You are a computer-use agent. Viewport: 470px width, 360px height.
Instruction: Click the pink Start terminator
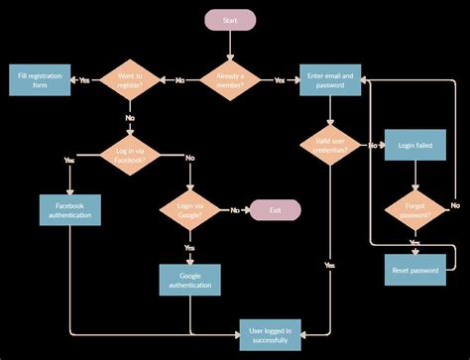pos(230,20)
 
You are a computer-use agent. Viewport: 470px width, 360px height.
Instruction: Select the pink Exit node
pos(275,209)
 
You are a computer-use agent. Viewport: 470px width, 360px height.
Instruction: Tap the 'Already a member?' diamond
pos(230,79)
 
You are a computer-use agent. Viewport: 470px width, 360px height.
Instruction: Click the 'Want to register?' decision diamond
pos(130,79)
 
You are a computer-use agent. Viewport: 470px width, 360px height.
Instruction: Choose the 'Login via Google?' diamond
pos(190,209)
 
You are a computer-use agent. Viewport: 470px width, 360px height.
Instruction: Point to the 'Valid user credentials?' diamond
pos(328,145)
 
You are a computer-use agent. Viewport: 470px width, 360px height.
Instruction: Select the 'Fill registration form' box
pos(40,79)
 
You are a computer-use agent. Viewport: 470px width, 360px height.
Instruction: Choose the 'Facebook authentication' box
pos(69,209)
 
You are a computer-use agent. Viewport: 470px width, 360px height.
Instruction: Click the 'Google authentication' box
pos(190,279)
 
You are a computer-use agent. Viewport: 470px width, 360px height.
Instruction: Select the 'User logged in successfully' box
pos(270,335)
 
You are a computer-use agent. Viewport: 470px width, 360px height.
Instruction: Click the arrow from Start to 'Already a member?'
pos(230,44)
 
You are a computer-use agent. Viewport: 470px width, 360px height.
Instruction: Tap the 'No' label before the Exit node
pos(235,209)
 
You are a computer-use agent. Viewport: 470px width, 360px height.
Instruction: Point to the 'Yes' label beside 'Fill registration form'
pos(84,79)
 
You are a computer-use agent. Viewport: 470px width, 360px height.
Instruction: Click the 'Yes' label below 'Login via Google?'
pos(189,247)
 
